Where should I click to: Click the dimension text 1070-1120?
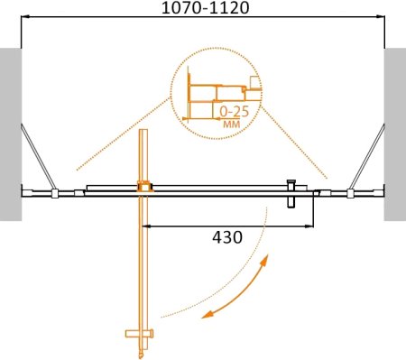tap(204, 10)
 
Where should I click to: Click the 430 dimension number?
tap(226, 238)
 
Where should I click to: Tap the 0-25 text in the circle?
tap(235, 111)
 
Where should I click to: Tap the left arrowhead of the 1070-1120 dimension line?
tap(25, 20)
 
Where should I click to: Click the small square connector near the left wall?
tap(55, 192)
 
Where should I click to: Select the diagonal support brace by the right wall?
tap(369, 158)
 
